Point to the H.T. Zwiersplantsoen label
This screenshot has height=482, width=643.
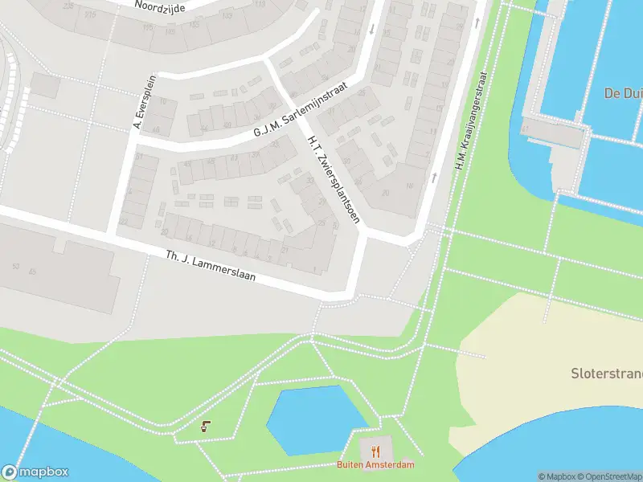330,178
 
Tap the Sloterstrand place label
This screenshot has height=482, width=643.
606,374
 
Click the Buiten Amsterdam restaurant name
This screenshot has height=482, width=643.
375,465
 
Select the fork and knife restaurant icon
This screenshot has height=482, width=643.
375,451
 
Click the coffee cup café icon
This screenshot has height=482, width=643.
206,427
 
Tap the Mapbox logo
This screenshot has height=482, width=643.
35,472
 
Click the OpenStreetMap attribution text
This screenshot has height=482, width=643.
610,476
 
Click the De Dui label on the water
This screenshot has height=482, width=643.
623,93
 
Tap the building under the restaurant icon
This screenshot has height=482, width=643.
375,446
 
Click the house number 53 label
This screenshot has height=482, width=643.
15,266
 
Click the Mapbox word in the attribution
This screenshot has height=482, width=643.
555,476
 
